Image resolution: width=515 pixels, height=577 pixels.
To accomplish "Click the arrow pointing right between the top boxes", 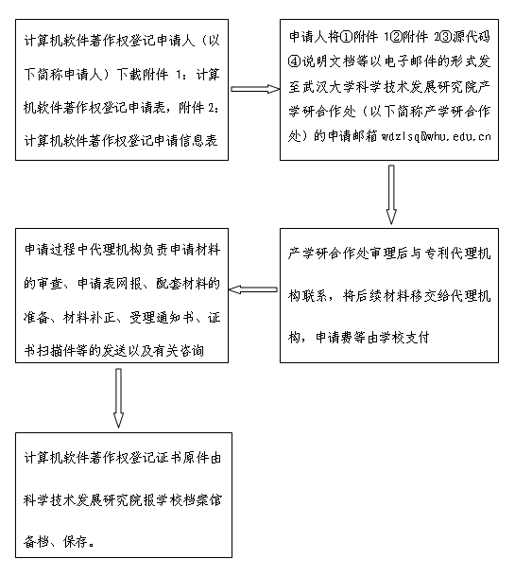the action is coord(255,89).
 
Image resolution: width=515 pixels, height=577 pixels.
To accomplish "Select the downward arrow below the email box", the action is coord(391,194).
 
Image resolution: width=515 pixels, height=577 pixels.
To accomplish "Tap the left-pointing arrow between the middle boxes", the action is coord(253,289).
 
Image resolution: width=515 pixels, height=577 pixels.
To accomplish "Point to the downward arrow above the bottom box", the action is coord(118,398).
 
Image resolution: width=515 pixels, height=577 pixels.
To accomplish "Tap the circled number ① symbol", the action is coord(346,37).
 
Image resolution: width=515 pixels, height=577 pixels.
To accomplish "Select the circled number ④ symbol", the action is coord(295,61).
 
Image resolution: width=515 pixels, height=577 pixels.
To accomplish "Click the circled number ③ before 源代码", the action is coord(445,37).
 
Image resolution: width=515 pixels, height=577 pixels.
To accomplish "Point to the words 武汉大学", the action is coord(323,87).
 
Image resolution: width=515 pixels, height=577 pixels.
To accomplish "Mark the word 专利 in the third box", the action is coord(438,254).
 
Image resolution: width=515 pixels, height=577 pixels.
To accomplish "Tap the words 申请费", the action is coord(335,337).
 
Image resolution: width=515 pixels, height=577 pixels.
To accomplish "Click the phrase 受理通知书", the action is coord(163,317).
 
